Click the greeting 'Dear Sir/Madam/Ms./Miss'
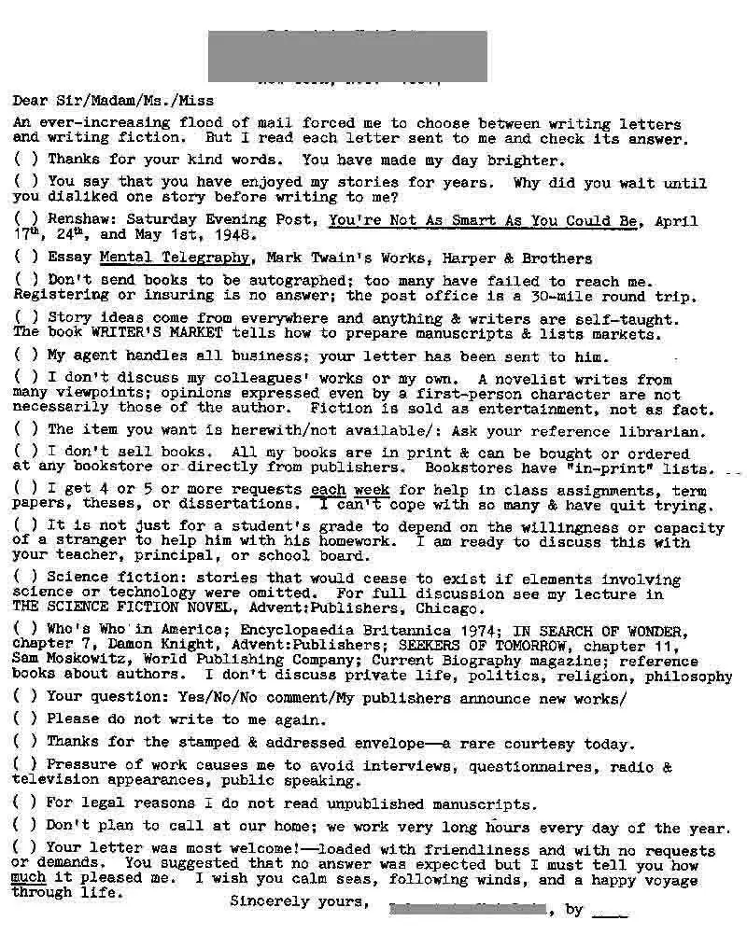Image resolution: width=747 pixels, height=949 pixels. pyautogui.click(x=113, y=100)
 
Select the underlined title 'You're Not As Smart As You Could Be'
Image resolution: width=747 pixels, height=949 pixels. pyautogui.click(x=484, y=221)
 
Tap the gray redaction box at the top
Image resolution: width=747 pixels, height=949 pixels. pyautogui.click(x=347, y=56)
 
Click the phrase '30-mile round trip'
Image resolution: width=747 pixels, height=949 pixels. pyautogui.click(x=625, y=297)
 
